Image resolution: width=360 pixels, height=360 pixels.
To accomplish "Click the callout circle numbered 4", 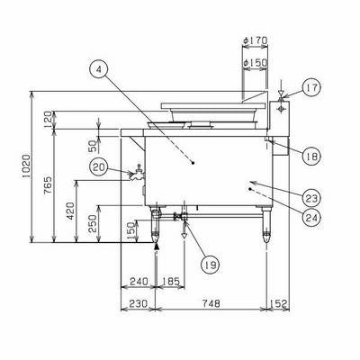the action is click(x=99, y=69).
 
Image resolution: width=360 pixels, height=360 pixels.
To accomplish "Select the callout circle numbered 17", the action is click(x=311, y=87).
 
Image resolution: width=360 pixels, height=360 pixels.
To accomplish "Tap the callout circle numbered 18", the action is click(x=311, y=156).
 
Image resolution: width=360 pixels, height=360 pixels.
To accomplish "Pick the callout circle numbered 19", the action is click(x=210, y=265).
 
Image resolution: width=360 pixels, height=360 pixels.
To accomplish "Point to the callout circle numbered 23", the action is click(x=311, y=198).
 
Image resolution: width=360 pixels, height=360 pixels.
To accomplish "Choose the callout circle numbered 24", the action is click(x=311, y=217).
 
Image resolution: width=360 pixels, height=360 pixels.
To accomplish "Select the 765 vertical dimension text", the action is click(x=49, y=185).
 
